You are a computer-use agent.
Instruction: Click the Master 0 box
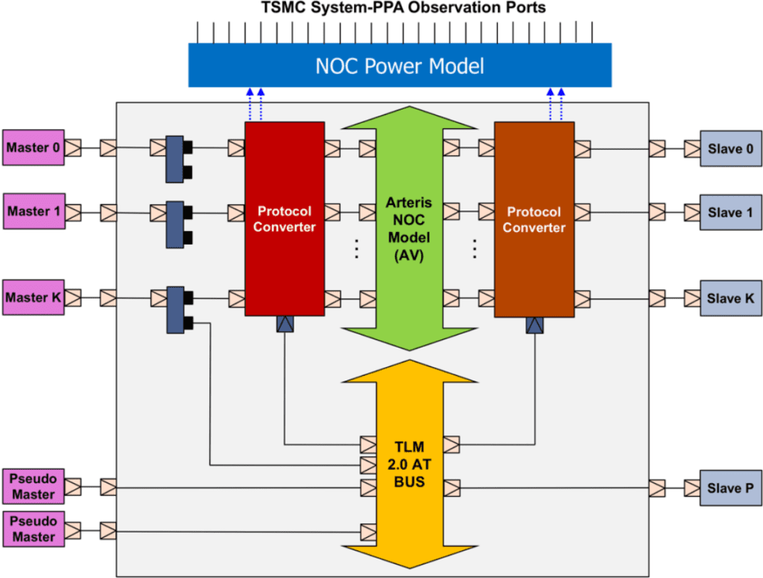(x=34, y=148)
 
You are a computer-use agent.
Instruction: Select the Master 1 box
(x=34, y=211)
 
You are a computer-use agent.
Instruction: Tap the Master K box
(x=34, y=298)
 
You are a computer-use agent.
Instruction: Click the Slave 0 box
(x=729, y=148)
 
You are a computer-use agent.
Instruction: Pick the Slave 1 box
(x=729, y=213)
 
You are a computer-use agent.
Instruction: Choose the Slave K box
(x=729, y=298)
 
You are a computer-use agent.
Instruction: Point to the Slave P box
(x=729, y=488)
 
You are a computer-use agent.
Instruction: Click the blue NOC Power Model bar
(x=399, y=66)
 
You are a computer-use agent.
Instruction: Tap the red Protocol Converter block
(x=285, y=219)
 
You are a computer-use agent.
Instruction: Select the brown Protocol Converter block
(x=534, y=219)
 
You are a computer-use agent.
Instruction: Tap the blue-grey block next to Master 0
(x=174, y=159)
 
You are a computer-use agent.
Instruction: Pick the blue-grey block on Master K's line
(x=174, y=309)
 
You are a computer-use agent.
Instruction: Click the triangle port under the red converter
(x=285, y=324)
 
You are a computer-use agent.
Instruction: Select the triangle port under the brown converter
(x=534, y=325)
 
